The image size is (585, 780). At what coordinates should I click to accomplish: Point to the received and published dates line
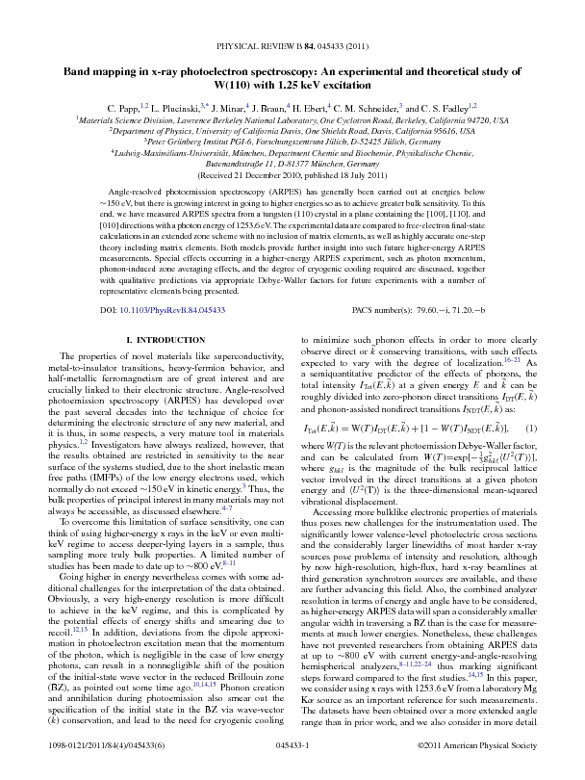[x=292, y=176]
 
